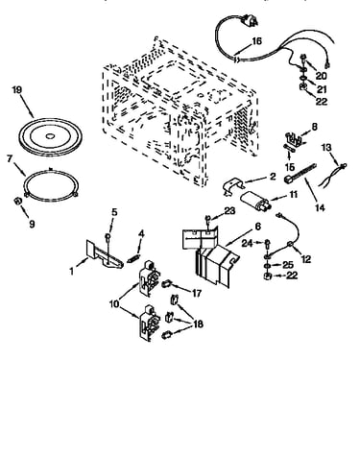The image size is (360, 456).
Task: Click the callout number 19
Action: click(x=17, y=89)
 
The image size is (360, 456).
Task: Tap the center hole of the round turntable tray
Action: click(x=50, y=136)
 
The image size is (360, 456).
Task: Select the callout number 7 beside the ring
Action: click(x=10, y=158)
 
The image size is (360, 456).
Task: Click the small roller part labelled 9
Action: click(x=17, y=201)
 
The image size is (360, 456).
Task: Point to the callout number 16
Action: click(x=256, y=41)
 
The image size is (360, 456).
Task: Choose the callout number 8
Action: click(x=314, y=127)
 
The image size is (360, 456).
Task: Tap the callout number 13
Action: click(x=326, y=148)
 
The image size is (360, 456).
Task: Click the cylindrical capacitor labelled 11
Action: click(x=255, y=201)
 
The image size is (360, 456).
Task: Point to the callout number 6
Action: click(x=258, y=227)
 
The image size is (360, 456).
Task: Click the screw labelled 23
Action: click(x=208, y=220)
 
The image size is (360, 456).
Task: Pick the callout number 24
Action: click(x=247, y=244)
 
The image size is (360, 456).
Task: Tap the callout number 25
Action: click(x=288, y=265)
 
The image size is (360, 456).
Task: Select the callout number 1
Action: click(x=72, y=271)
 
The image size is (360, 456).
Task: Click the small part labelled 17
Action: click(x=167, y=284)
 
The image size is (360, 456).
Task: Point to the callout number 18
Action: click(x=198, y=324)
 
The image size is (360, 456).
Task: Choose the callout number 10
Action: click(x=114, y=303)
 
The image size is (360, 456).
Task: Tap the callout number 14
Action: click(x=320, y=207)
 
